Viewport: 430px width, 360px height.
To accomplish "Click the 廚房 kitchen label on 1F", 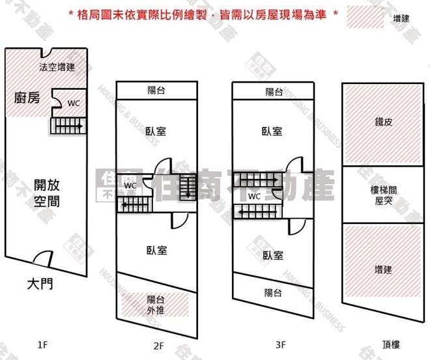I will [x=27, y=98].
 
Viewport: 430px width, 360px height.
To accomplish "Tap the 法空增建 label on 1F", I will [x=57, y=66].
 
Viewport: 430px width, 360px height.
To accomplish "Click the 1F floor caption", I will [x=43, y=346].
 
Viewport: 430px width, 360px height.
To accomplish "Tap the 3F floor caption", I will [x=273, y=346].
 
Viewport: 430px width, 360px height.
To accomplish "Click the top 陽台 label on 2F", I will [x=156, y=91].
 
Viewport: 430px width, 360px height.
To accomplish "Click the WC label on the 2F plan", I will [x=130, y=185].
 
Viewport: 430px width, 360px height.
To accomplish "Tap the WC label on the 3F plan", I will [x=254, y=196].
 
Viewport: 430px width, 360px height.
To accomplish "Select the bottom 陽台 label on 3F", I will [x=273, y=293].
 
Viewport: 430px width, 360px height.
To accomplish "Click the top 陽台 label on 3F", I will [x=274, y=92].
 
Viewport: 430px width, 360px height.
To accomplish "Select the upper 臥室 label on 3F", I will [x=272, y=131].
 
